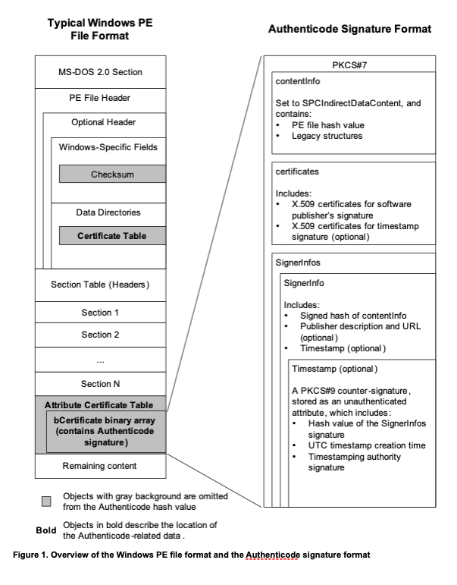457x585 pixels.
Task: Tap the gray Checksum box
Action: pos(112,174)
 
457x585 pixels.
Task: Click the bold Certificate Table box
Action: pos(112,236)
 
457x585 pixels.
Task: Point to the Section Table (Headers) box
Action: pos(99,285)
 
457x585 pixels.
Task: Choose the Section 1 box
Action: pos(101,312)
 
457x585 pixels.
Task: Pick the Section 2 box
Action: pos(101,334)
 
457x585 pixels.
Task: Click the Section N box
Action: pos(101,384)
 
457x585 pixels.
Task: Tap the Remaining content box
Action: pos(101,464)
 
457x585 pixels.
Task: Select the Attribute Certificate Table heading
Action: pos(99,404)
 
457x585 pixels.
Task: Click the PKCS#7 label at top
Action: pos(349,65)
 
